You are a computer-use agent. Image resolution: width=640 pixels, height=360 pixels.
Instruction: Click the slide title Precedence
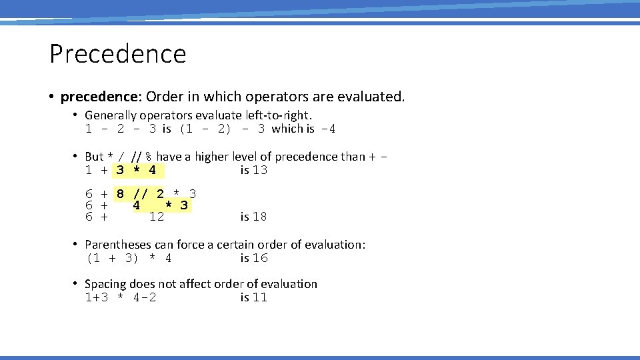coord(117,54)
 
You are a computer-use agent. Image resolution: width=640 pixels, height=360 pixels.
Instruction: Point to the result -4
coord(327,129)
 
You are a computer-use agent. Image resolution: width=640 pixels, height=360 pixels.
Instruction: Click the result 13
coord(260,171)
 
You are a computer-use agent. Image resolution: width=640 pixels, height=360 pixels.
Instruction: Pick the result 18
coord(260,217)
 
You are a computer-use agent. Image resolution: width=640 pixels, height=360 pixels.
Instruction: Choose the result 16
coord(260,259)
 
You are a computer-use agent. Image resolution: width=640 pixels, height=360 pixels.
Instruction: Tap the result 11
coord(260,298)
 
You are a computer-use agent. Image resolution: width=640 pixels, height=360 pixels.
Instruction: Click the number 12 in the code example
coord(157,217)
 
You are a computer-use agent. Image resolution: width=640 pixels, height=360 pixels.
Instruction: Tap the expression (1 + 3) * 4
coord(129,259)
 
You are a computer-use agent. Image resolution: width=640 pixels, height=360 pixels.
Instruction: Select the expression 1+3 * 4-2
coord(121,298)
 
